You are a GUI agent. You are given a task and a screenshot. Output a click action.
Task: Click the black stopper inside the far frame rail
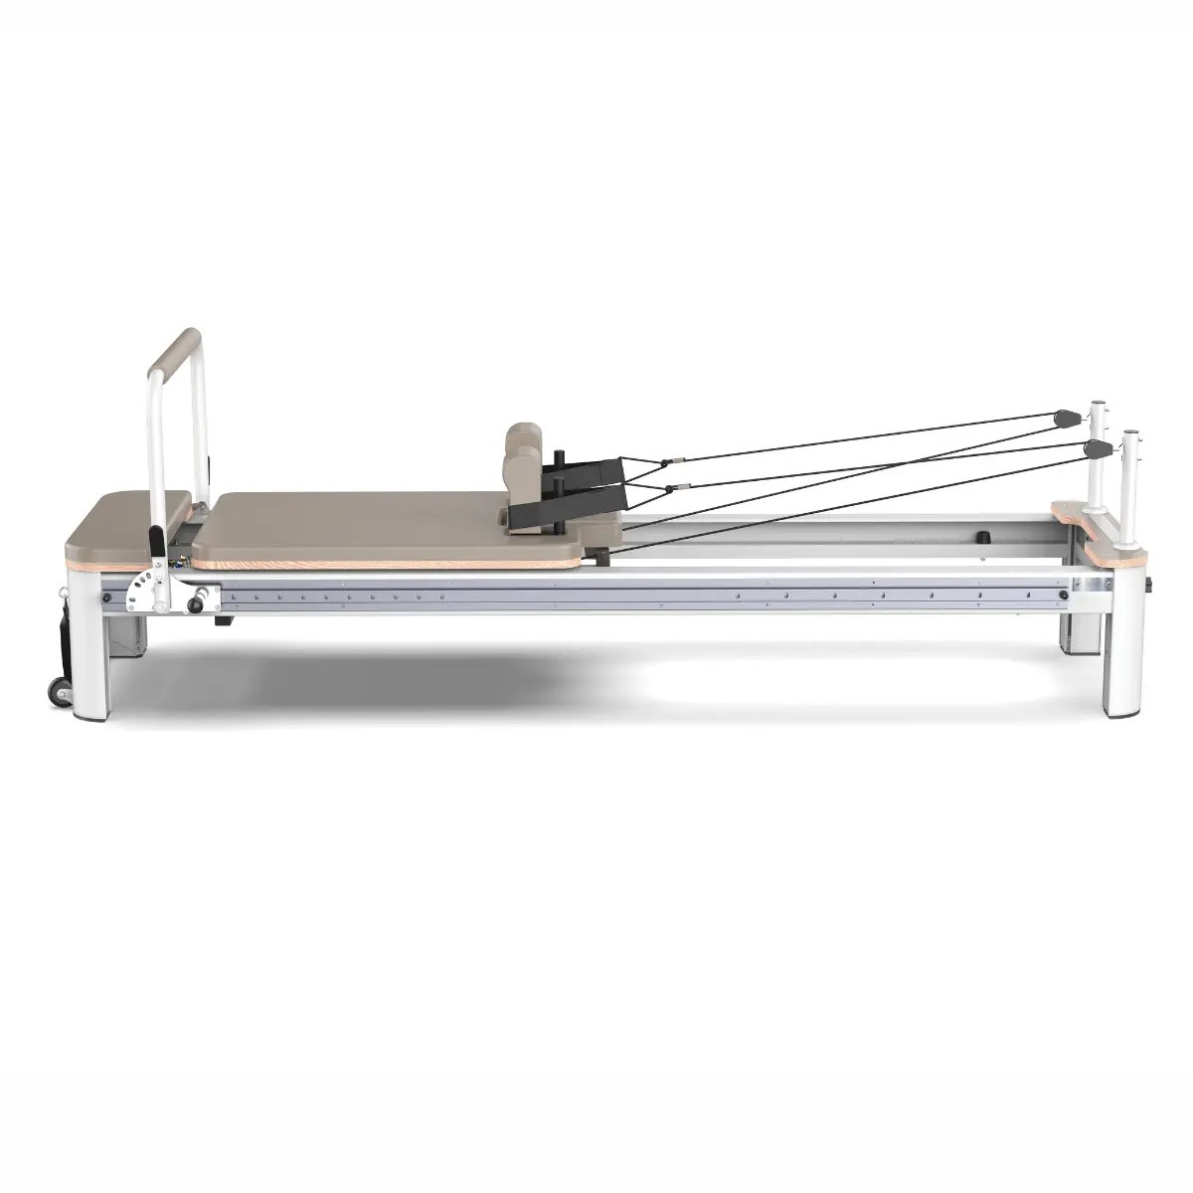tap(985, 538)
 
